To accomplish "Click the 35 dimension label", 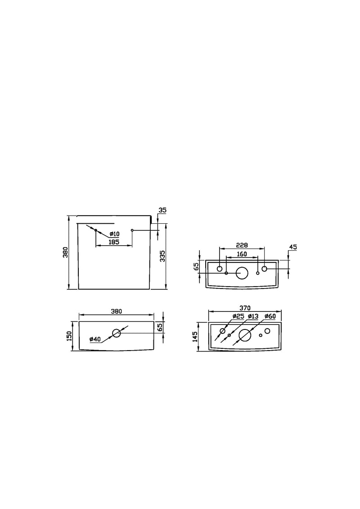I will pos(162,210).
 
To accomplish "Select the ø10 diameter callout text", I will pos(114,234).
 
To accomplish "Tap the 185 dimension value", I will pos(114,243).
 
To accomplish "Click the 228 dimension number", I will pos(242,245).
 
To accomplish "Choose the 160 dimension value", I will pos(242,254).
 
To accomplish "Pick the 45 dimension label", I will pos(293,247).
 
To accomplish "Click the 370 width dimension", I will pos(245,308).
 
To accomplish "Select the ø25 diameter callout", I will pos(238,316).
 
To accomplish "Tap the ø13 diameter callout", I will pos(253,316).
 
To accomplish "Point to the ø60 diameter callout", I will pos(270,316).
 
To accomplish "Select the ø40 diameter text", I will pos(95,339).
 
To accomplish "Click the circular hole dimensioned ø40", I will pos(117,333).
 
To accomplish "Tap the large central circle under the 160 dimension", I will pos(242,273).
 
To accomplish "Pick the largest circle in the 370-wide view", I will pos(245,334).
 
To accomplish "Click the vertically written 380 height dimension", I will pos(66,253).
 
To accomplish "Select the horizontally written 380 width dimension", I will pos(117,311).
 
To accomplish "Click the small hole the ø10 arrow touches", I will pos(96,230).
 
